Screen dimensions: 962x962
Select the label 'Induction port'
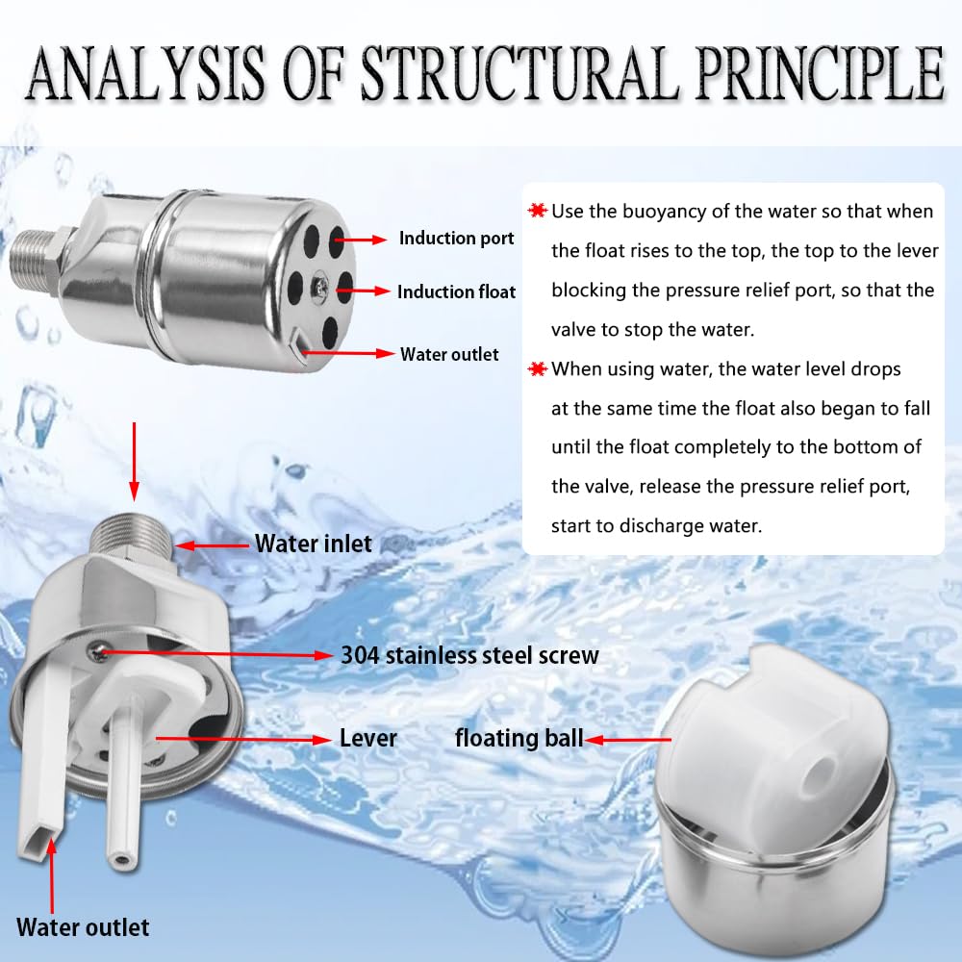click(x=457, y=238)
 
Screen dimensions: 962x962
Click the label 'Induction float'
click(x=457, y=291)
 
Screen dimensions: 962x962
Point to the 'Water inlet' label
click(x=313, y=544)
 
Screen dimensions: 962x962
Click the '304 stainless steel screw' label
click(x=469, y=655)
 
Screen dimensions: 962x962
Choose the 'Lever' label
click(x=368, y=739)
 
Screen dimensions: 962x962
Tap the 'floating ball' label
click(x=519, y=739)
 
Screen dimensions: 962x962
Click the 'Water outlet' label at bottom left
click(x=84, y=927)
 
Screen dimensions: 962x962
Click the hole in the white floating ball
click(x=821, y=768)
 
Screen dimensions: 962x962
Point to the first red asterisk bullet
click(x=537, y=211)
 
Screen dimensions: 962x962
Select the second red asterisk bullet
click(x=537, y=368)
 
